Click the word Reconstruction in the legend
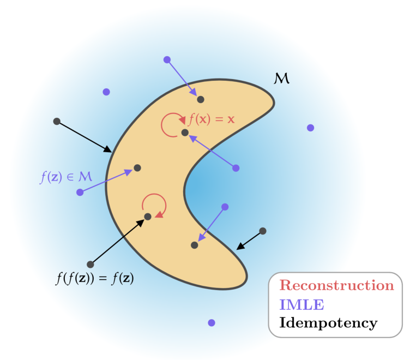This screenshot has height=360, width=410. coord(336,285)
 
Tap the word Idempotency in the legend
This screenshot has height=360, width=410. coord(328,322)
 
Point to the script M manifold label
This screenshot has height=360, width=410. coord(281,80)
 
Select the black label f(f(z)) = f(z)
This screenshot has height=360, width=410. coord(95,279)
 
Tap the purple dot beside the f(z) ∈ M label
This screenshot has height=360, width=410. coord(80,192)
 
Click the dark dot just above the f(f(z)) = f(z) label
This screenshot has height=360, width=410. coord(91,265)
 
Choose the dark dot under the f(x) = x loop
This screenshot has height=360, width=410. coord(185,133)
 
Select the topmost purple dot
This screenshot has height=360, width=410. coord(167,59)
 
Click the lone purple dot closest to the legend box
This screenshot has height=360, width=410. coord(212,322)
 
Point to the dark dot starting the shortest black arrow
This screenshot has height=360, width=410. coord(263,231)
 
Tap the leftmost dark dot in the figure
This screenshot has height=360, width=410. coord(57,121)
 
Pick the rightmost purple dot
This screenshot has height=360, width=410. coord(310,128)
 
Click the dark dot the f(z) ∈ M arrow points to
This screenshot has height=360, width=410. coord(137,168)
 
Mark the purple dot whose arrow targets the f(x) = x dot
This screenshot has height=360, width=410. coord(236,168)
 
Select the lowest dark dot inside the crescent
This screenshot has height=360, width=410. coord(195,245)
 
